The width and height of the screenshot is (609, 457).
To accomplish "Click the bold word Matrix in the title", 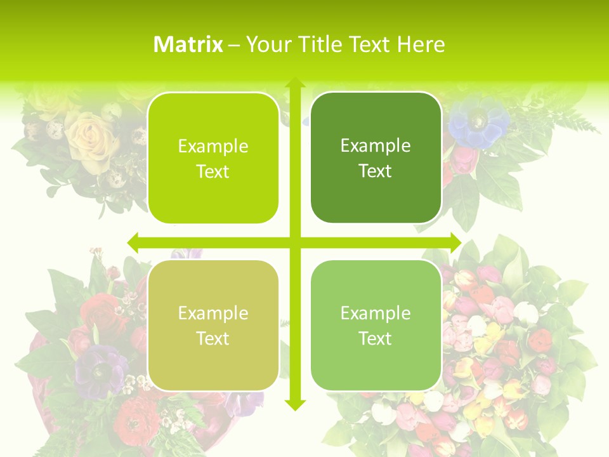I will tap(188, 44).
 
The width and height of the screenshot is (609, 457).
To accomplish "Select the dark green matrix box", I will tap(376, 158).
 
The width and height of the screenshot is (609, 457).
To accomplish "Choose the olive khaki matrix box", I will tap(213, 325).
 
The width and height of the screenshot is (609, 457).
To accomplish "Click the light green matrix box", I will tap(376, 325).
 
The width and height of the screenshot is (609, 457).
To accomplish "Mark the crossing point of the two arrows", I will tap(295, 242).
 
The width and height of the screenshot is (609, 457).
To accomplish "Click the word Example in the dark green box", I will tap(376, 146).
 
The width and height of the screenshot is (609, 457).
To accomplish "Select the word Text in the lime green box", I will tap(213, 172).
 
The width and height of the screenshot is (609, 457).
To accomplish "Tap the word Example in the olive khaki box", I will tap(213, 313).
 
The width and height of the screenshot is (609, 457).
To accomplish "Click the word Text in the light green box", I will tap(376, 338).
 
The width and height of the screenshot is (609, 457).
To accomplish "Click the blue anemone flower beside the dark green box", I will tap(478, 122).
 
